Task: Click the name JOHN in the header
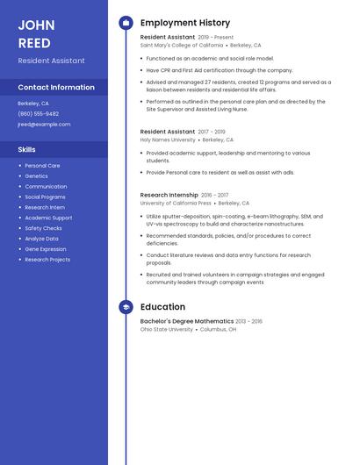(x=36, y=25)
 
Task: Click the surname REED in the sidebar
(x=34, y=43)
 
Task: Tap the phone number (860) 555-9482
(x=39, y=114)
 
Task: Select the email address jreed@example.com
(x=44, y=125)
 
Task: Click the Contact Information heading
(x=56, y=88)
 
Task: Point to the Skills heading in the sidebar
(x=27, y=150)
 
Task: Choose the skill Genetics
(x=37, y=176)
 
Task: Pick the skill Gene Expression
(x=46, y=249)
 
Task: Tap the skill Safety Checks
(x=44, y=228)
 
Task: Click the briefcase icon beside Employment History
(x=126, y=23)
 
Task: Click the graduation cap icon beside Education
(x=126, y=307)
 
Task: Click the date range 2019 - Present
(x=216, y=38)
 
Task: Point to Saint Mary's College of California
(x=182, y=46)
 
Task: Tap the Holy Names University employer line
(x=168, y=139)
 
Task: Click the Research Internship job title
(x=169, y=196)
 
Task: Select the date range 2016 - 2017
(x=214, y=196)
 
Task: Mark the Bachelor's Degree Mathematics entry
(x=187, y=321)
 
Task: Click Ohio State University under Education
(x=167, y=330)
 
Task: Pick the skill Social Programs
(x=46, y=197)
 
